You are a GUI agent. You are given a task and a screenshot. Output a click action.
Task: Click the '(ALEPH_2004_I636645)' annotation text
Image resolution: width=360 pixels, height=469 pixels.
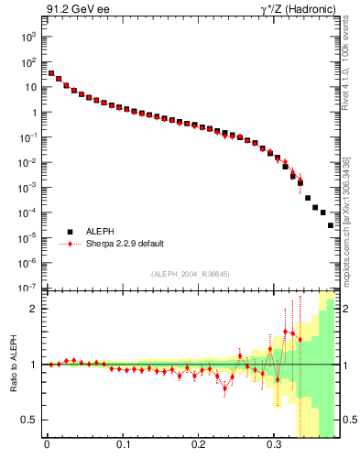190,274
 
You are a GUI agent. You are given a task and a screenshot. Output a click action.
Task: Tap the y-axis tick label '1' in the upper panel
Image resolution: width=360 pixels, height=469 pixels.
33,113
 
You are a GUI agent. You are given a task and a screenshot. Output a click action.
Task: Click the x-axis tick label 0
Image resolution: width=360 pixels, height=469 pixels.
47,451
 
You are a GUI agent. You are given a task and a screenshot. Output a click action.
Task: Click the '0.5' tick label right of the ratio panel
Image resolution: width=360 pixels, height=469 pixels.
349,420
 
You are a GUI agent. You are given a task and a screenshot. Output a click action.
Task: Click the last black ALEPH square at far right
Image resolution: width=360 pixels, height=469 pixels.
331,224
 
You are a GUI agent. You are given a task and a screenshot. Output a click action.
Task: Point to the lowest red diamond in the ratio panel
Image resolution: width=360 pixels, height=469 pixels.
224,387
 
